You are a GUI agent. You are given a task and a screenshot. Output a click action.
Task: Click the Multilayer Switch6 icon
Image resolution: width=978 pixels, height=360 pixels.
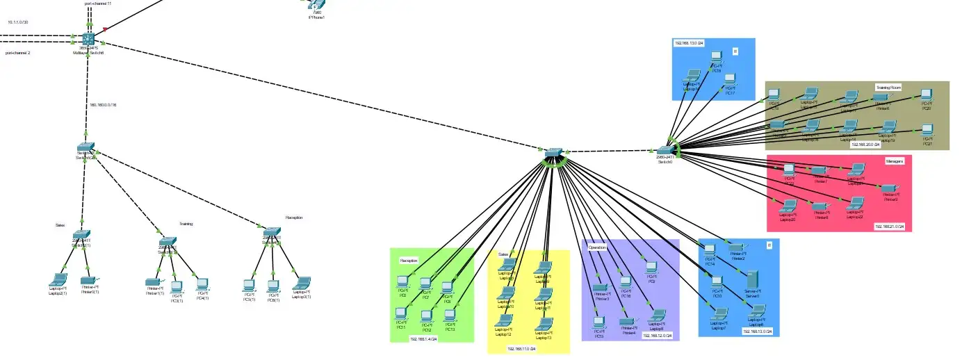(88, 40)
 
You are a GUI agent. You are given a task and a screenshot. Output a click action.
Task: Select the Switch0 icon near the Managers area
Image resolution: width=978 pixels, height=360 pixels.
(665, 149)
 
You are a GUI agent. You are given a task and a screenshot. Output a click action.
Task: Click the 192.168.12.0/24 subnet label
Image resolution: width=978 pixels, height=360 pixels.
(657, 336)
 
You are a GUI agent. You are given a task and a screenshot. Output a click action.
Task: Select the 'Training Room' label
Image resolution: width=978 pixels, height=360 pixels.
(888, 88)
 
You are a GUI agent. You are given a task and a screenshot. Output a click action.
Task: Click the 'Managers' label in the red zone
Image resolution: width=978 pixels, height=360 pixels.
(894, 161)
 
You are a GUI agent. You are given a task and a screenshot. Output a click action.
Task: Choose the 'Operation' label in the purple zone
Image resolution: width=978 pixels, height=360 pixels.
(597, 247)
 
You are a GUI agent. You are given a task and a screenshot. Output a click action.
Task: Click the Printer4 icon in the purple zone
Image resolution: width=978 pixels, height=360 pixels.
(628, 322)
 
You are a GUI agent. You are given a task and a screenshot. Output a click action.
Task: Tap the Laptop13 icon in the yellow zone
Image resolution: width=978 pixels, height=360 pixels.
(544, 324)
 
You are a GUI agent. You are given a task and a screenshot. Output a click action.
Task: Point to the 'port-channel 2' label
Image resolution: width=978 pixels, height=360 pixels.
(18, 53)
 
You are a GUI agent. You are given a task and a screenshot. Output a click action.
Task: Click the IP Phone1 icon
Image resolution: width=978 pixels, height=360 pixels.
(315, 6)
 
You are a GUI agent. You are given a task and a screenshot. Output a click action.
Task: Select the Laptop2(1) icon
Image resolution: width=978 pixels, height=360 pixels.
(57, 279)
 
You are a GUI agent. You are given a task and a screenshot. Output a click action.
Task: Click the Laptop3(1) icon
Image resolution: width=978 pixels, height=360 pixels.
(301, 284)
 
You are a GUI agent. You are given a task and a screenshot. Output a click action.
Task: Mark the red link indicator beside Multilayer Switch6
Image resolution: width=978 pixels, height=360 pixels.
(105, 29)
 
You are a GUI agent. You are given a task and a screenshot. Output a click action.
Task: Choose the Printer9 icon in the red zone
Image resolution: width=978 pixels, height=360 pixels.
(890, 188)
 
